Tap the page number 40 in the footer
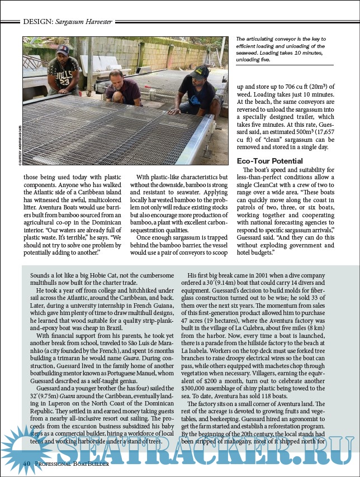click(26, 464)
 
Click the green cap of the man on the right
click(200, 71)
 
